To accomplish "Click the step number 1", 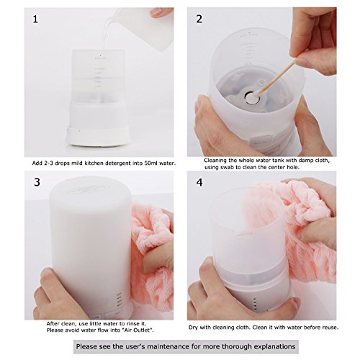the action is [x=35, y=19].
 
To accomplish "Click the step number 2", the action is [x=199, y=19].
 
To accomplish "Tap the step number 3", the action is [x=37, y=182].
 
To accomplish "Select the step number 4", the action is [x=199, y=183].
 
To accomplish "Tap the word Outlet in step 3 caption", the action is [x=144, y=330].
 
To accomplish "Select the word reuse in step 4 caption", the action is [x=330, y=328].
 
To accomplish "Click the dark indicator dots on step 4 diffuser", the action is [x=255, y=304].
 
